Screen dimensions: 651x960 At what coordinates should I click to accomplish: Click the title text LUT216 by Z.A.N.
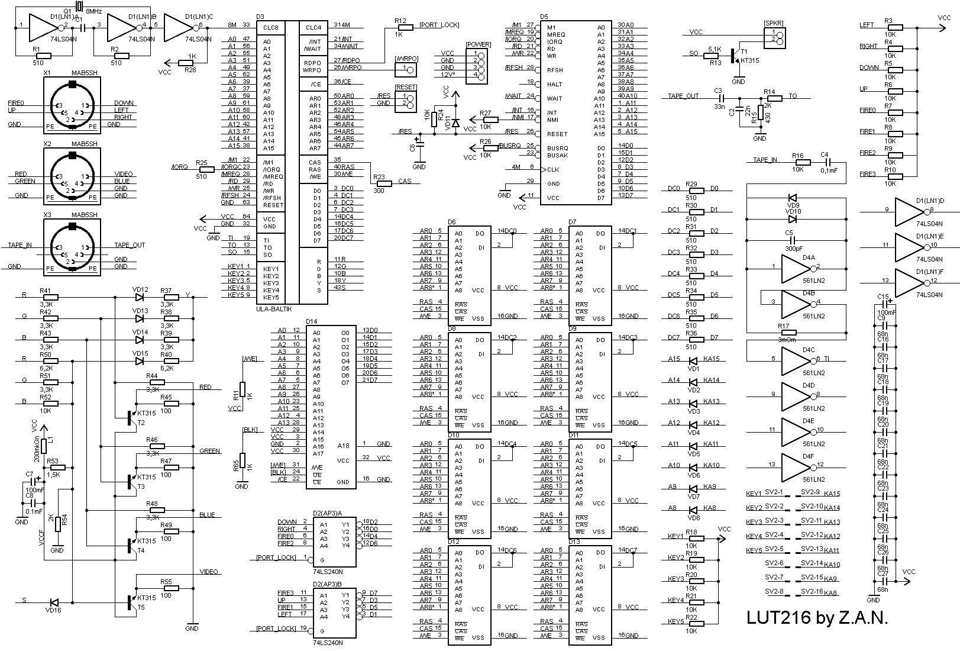click(x=817, y=618)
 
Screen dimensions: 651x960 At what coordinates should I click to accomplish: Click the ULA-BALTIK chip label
click(x=275, y=309)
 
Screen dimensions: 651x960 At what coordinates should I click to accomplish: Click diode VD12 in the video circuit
click(x=140, y=297)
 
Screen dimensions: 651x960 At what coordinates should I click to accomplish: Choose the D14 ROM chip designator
click(x=311, y=321)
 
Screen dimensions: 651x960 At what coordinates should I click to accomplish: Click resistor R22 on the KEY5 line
click(x=692, y=624)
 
